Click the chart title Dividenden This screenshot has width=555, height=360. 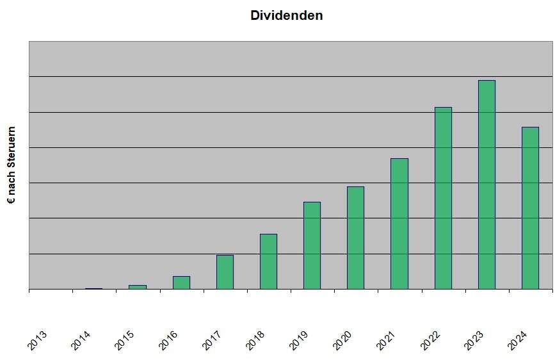pos(286,15)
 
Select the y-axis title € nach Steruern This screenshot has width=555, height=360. pos(12,165)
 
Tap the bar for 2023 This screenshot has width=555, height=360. pos(487,184)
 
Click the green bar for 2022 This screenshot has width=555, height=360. pos(443,198)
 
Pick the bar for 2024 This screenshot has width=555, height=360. pos(530,208)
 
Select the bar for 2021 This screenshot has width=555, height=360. pos(399,224)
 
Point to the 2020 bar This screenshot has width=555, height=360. pos(355,238)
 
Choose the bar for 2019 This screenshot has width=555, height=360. pos(312,245)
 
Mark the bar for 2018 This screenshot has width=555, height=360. pos(268,261)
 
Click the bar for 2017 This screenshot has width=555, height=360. pos(225,272)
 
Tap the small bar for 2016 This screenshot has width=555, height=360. pos(181,282)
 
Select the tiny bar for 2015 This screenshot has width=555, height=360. pos(138,287)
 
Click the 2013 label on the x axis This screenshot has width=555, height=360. pos(37,340)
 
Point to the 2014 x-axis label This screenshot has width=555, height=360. pos(81,340)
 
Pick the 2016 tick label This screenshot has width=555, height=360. pos(168,340)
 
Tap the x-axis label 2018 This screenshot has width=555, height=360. pos(255,340)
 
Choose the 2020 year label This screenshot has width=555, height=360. pos(342,340)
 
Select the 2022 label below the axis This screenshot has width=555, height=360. pos(430,340)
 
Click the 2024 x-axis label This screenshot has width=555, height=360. pos(517,340)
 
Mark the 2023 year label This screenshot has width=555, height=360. pos(473,340)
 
